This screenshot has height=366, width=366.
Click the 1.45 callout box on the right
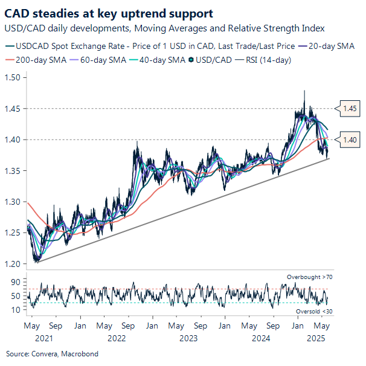tap(350, 109)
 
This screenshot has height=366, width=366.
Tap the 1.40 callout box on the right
tap(350, 140)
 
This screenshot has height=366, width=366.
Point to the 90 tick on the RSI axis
tap(16, 282)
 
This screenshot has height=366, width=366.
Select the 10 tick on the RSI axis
tap(16, 310)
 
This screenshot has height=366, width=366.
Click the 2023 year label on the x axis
tap(189, 338)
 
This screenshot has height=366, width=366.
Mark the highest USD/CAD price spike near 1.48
tap(304, 91)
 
